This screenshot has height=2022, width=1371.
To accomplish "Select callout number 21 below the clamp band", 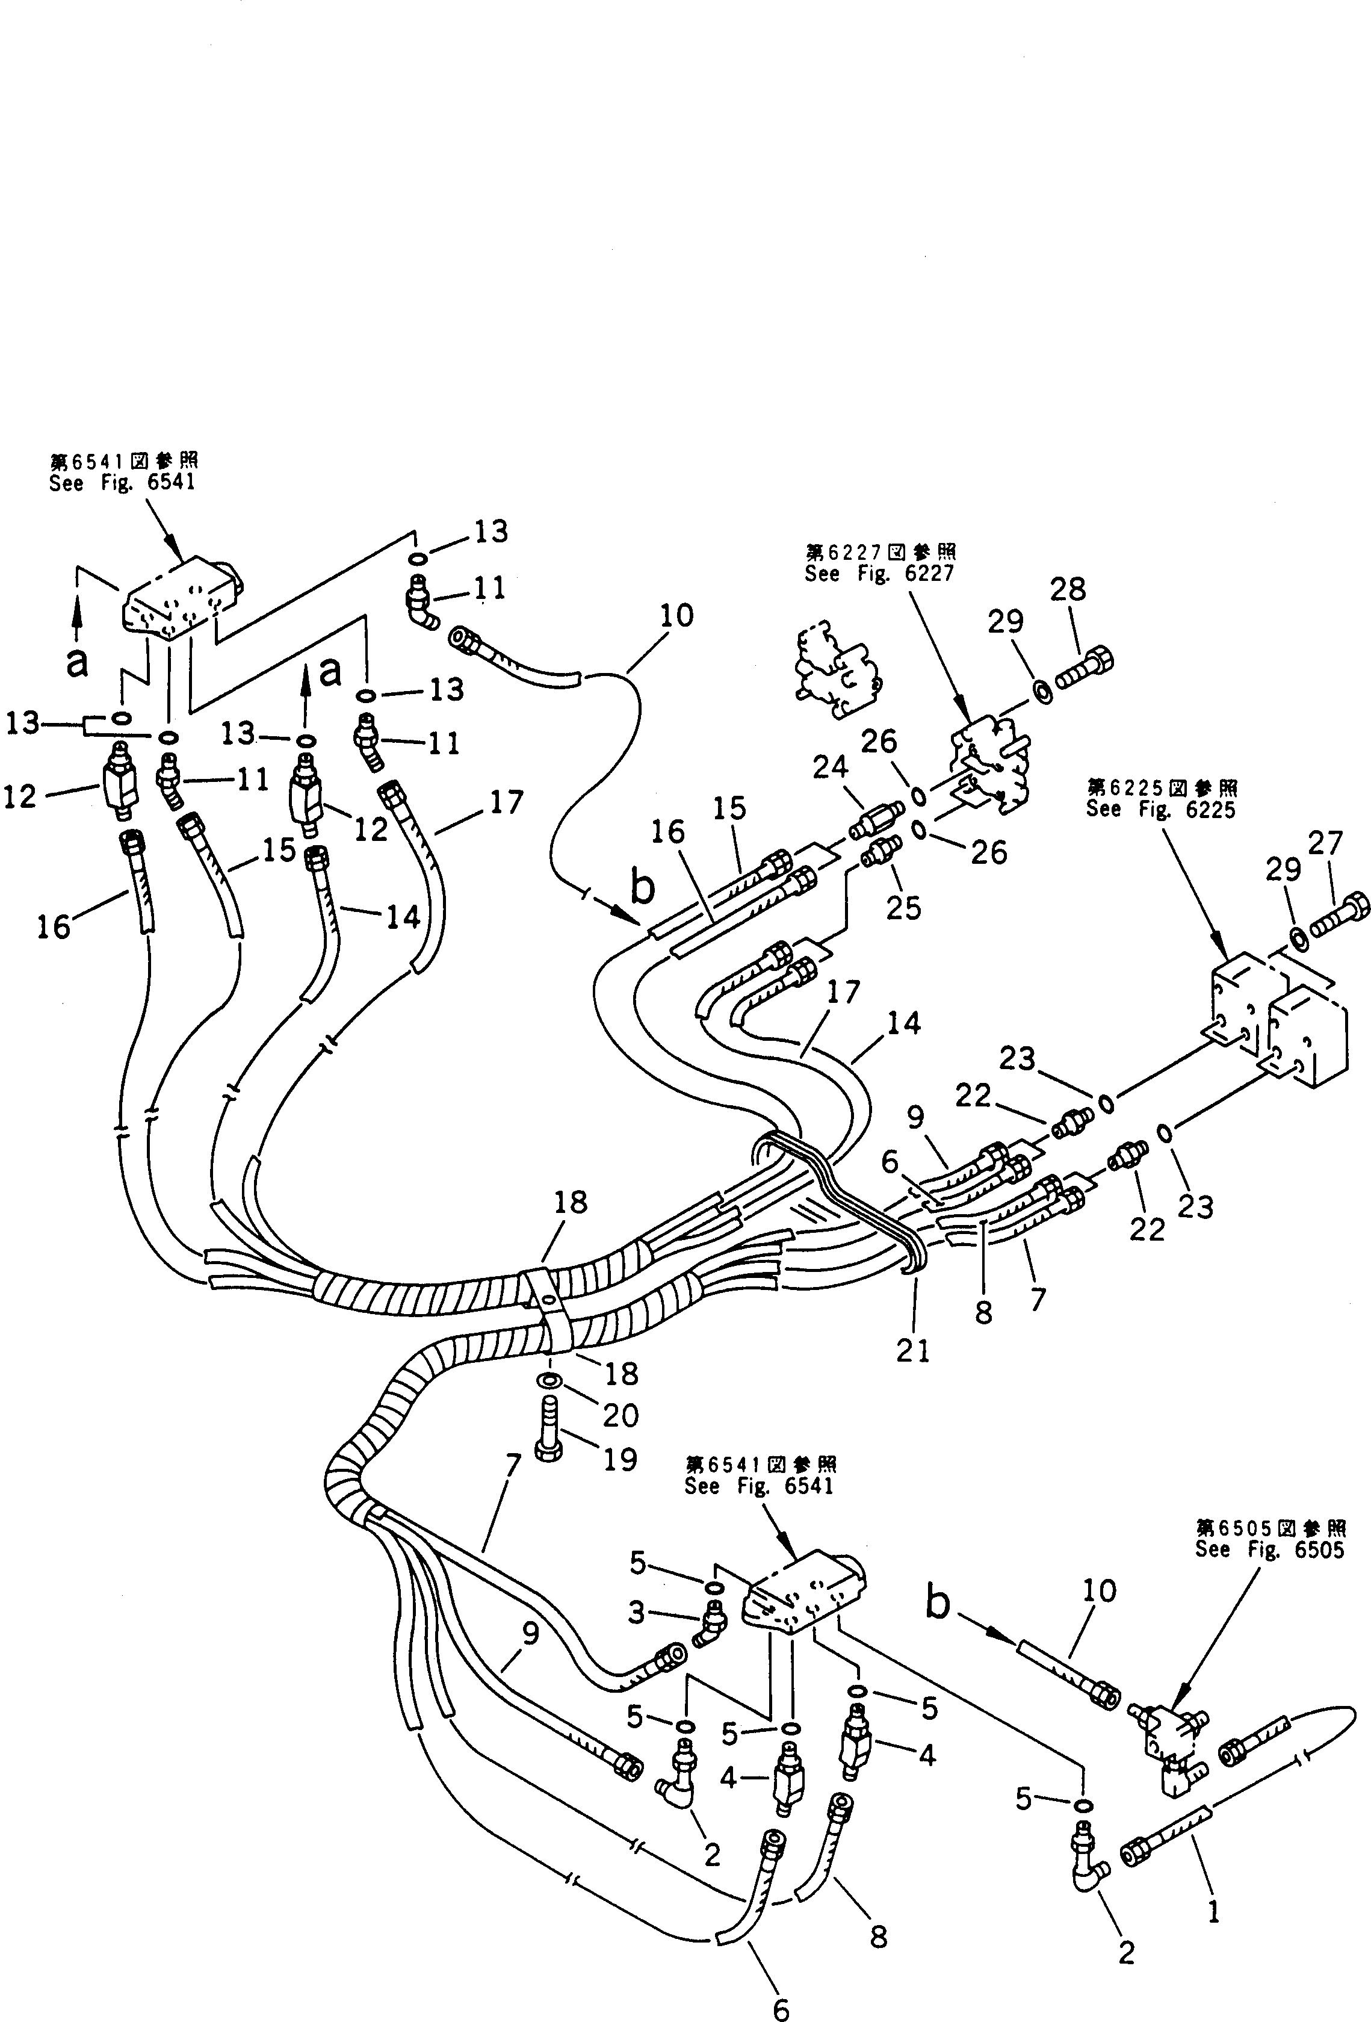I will click(914, 1350).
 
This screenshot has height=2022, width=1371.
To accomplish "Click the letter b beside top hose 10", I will click(642, 887).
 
